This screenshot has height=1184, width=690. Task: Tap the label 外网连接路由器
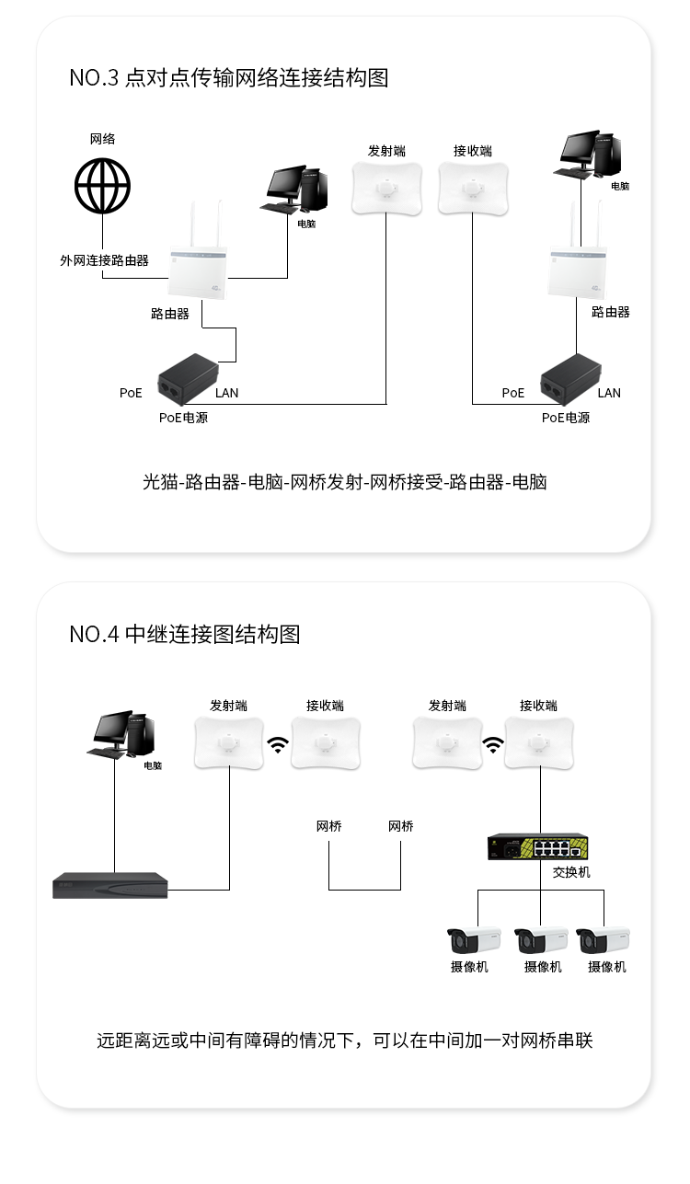pyautogui.click(x=104, y=260)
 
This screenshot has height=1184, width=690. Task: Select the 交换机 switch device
pyautogui.click(x=539, y=846)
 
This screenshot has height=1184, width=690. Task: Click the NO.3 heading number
pyautogui.click(x=94, y=78)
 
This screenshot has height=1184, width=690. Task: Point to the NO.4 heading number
pyautogui.click(x=94, y=634)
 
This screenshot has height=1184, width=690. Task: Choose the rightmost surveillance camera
pyautogui.click(x=603, y=940)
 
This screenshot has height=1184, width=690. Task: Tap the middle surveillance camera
pyautogui.click(x=541, y=940)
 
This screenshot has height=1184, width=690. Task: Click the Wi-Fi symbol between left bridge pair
pyautogui.click(x=277, y=744)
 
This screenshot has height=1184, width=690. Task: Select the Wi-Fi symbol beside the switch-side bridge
pyautogui.click(x=494, y=744)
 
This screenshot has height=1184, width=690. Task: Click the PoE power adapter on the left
pyautogui.click(x=189, y=378)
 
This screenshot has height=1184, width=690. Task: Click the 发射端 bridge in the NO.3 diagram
pyautogui.click(x=386, y=189)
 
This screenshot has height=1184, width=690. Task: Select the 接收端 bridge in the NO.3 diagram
pyautogui.click(x=473, y=189)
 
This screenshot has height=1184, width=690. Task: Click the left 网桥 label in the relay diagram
pyautogui.click(x=328, y=826)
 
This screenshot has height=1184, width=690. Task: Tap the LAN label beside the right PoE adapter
pyautogui.click(x=609, y=393)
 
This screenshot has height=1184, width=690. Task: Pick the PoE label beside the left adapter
pyautogui.click(x=131, y=393)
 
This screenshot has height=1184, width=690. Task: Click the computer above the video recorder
pyautogui.click(x=123, y=735)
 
